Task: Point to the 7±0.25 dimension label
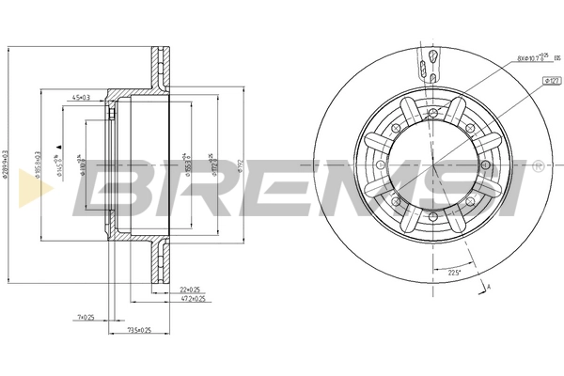click(86, 318)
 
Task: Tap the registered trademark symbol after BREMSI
click(537, 166)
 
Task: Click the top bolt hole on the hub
click(432, 114)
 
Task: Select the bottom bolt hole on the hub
click(432, 224)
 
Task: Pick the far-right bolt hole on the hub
click(487, 169)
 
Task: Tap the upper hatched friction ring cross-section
click(155, 66)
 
